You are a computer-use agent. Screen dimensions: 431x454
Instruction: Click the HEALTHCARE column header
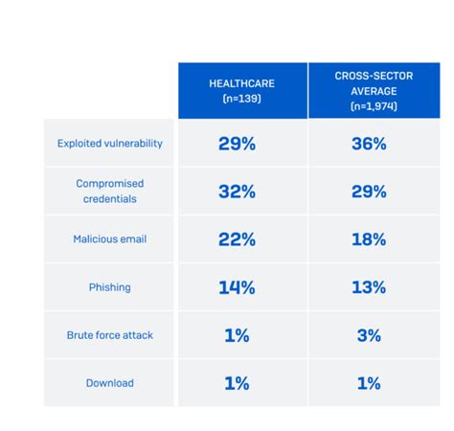pyautogui.click(x=241, y=90)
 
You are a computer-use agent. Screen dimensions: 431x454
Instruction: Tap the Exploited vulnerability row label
pyautogui.click(x=110, y=144)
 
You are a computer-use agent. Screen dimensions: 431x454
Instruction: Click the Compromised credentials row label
pyautogui.click(x=110, y=192)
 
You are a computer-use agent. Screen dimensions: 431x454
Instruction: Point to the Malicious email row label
pyautogui.click(x=110, y=239)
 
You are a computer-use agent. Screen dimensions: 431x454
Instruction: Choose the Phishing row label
pyautogui.click(x=110, y=287)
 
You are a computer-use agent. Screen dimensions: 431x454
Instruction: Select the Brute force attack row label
pyautogui.click(x=110, y=335)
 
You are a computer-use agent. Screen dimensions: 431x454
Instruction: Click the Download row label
pyautogui.click(x=110, y=383)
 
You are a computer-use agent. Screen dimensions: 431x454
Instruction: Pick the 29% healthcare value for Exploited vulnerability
pyautogui.click(x=237, y=144)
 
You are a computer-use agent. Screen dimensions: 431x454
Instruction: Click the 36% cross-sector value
pyautogui.click(x=368, y=144)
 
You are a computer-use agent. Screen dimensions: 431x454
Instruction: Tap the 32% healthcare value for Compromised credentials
pyautogui.click(x=237, y=192)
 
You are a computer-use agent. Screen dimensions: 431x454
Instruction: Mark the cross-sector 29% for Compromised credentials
pyautogui.click(x=368, y=192)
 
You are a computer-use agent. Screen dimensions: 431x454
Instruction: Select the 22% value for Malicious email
pyautogui.click(x=237, y=239)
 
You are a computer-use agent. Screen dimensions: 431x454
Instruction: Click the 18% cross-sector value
pyautogui.click(x=368, y=239)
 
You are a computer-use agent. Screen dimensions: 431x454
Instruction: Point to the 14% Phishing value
pyautogui.click(x=237, y=287)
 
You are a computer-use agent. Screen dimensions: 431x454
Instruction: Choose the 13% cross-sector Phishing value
pyautogui.click(x=368, y=287)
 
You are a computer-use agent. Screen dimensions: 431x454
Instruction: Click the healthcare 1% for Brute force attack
pyautogui.click(x=237, y=335)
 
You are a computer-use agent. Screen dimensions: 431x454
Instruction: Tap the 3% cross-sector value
pyautogui.click(x=368, y=335)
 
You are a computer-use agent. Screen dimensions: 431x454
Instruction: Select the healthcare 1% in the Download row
pyautogui.click(x=237, y=383)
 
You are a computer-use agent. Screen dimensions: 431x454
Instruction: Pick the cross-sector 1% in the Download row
pyautogui.click(x=368, y=383)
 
